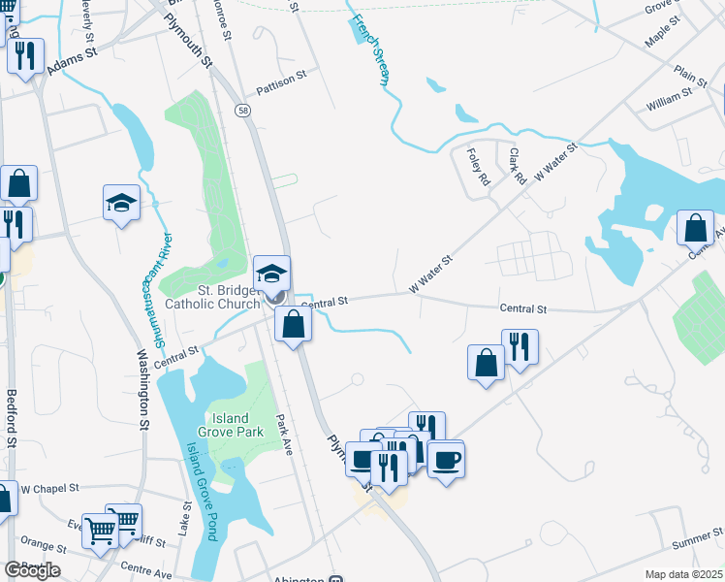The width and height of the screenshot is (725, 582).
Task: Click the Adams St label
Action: [74, 63]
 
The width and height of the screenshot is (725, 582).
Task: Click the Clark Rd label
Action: [517, 166]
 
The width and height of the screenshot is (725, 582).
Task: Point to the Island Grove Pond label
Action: [200, 490]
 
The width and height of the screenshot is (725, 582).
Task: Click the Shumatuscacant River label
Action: [162, 291]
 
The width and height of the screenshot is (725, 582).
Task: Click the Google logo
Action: [32, 570]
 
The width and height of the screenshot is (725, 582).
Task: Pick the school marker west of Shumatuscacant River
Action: [122, 202]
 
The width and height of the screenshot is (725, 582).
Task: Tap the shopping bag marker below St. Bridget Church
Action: [293, 324]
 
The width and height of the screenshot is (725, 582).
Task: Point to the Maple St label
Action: [664, 39]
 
